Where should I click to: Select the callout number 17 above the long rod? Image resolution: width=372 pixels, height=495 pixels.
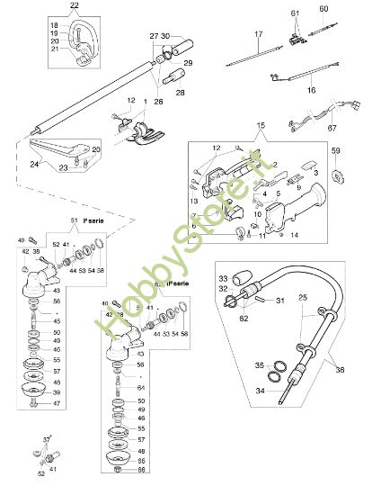click(x=258, y=34)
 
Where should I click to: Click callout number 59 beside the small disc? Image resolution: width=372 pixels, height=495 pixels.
click(x=337, y=150)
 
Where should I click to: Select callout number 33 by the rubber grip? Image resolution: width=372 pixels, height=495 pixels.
click(x=224, y=279)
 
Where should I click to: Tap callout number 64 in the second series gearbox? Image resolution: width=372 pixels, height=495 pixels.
click(x=140, y=388)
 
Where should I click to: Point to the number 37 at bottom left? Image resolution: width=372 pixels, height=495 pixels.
click(x=47, y=439)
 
